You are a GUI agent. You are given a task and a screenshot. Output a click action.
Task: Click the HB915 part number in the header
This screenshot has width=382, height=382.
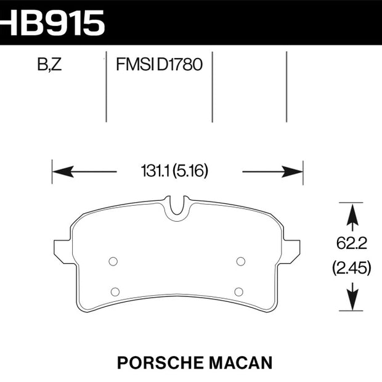point(52,23)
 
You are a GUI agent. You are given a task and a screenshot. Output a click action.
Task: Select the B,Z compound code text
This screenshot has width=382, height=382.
point(49,65)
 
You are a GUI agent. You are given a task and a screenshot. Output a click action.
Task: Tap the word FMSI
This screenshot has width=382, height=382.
point(134,65)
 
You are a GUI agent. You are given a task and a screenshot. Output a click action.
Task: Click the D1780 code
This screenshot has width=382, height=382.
point(180,65)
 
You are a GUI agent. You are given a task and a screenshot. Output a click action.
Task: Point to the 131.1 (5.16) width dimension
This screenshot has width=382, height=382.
point(174,171)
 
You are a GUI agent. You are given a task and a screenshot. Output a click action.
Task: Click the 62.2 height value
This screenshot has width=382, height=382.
point(352,243)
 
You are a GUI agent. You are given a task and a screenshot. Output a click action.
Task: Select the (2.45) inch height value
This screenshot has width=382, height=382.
point(352,268)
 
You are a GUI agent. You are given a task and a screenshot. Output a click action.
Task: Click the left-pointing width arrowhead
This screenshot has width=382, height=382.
point(63,171)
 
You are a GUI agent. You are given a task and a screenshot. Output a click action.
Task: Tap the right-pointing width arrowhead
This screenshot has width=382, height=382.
point(292,171)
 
